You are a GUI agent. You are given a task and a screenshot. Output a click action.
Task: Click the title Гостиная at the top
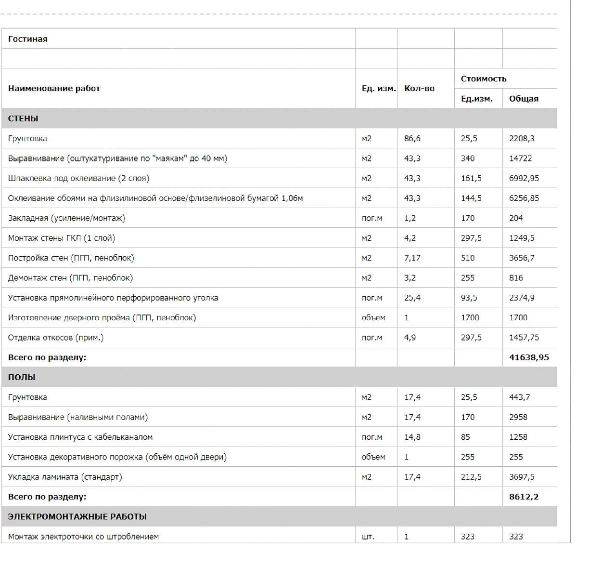pos(28,39)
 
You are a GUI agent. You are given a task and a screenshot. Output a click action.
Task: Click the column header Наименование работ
pos(54,88)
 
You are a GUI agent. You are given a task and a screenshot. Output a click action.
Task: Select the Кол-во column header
pos(419,88)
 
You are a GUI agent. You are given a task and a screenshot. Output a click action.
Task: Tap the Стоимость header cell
pos(483,79)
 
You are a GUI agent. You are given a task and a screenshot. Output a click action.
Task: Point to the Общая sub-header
pos(524,99)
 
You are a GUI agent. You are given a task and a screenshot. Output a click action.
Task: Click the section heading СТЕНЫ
pos(23,118)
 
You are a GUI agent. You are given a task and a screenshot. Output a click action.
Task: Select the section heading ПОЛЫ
pos(22,377)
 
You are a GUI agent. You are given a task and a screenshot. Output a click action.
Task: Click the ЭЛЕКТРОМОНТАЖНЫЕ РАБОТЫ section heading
pos(77,516)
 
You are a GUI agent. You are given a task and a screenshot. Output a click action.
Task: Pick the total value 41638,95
pos(529,357)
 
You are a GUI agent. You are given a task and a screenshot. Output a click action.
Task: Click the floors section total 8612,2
pos(524,497)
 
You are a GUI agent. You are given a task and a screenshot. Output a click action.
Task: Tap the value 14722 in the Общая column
pos(520,158)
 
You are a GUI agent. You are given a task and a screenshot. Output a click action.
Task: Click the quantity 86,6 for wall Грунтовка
pos(412,139)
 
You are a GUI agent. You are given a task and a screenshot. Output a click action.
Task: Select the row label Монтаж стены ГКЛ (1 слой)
pos(61,238)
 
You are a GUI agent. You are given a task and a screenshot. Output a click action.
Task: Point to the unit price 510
pos(467,258)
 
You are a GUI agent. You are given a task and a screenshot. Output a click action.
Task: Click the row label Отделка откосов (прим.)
pos(56,338)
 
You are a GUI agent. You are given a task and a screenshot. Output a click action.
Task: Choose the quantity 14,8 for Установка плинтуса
pos(412,437)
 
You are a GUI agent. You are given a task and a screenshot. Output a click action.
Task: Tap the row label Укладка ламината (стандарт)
pos(65,477)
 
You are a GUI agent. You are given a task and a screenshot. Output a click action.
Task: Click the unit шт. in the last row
pos(368,537)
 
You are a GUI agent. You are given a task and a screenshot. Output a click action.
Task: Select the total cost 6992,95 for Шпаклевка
pos(524,178)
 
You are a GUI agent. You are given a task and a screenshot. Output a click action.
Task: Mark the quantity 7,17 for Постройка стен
pos(412,258)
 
